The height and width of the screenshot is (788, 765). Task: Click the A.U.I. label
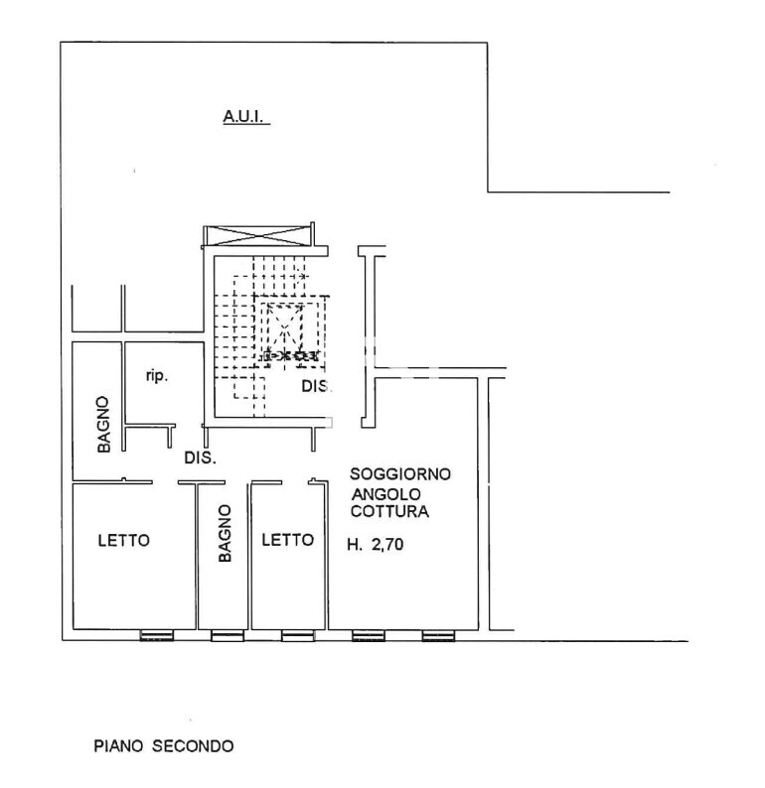[x=243, y=116]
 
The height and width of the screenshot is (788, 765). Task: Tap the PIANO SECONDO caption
[x=164, y=745]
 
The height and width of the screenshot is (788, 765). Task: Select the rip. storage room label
[x=156, y=375]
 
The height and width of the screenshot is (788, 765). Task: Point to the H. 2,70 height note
[x=376, y=544]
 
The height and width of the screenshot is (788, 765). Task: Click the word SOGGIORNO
[x=400, y=474]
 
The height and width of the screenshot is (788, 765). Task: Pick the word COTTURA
[x=389, y=511]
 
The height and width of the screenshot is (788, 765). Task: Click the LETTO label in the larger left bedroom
[x=124, y=540]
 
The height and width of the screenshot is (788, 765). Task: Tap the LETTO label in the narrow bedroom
[x=288, y=540]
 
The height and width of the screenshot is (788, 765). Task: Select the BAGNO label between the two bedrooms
[x=225, y=533]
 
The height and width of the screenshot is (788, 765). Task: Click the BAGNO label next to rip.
[x=103, y=424]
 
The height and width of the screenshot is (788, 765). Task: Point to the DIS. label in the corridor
[x=200, y=458]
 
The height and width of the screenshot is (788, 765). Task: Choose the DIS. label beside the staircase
[x=316, y=386]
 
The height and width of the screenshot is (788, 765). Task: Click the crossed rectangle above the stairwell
[x=259, y=235]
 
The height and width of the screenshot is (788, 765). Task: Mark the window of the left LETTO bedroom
[x=156, y=636]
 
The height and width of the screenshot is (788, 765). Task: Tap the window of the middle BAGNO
[x=228, y=636]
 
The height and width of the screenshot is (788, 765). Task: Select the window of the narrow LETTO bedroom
[x=298, y=636]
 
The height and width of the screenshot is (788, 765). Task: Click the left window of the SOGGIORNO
[x=369, y=636]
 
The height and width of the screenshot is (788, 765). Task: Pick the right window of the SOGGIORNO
[x=438, y=636]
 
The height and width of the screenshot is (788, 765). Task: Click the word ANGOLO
[x=385, y=494]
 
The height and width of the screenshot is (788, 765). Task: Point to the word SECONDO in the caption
[x=193, y=745]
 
